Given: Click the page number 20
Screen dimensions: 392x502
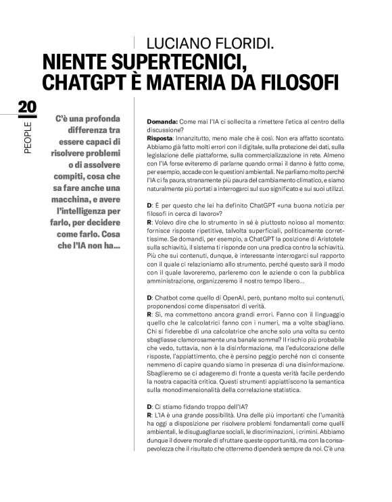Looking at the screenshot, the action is [x=28, y=107].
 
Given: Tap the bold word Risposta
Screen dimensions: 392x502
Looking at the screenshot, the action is [x=160, y=138].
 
